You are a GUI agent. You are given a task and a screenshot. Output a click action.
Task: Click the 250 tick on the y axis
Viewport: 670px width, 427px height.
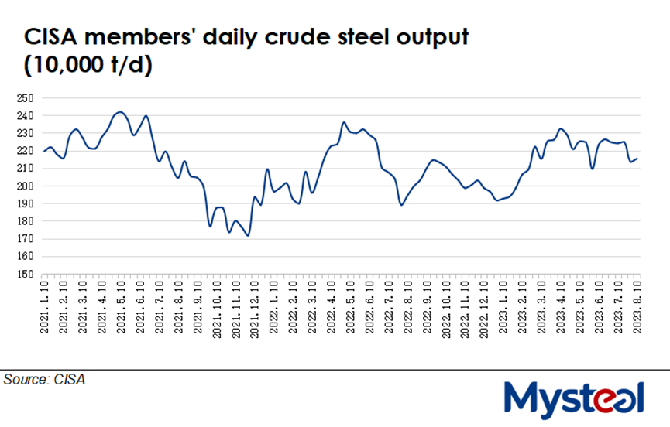point(25,98)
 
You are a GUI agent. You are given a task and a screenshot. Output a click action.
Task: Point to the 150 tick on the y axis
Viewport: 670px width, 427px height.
point(25,275)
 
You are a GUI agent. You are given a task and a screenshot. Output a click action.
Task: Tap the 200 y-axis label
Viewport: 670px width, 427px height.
point(25,186)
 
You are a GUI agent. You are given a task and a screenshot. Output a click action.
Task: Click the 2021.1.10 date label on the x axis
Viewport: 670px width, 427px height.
point(44,306)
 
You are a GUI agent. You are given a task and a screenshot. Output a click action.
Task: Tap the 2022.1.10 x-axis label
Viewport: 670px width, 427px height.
point(273,306)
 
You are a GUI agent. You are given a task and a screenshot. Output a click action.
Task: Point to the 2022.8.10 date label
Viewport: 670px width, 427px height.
point(407,306)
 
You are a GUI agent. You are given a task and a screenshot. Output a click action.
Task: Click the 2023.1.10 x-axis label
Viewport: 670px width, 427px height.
point(503,306)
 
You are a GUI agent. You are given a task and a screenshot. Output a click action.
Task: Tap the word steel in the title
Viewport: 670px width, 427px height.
point(353,38)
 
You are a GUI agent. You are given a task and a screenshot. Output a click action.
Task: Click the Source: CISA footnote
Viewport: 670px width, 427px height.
point(44,380)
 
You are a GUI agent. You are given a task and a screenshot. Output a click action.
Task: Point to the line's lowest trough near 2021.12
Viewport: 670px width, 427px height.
point(248,235)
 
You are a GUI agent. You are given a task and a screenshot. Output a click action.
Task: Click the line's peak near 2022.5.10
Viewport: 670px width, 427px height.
point(344,122)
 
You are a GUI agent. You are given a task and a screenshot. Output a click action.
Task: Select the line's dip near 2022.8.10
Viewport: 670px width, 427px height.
point(401,205)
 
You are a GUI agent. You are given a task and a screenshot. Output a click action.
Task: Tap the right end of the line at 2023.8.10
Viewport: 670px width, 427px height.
point(637,159)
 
